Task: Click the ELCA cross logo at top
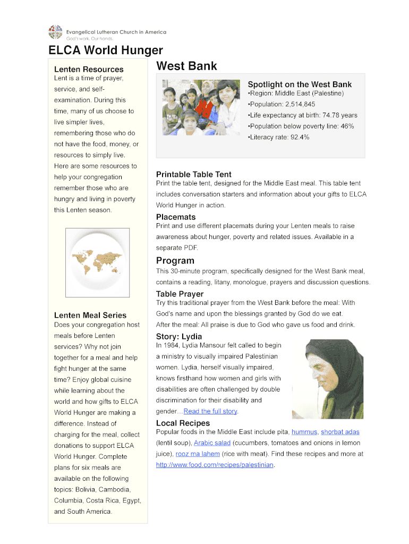[55, 32]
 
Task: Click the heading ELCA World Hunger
[106, 50]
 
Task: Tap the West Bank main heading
[186, 66]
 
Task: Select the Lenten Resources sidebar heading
[89, 69]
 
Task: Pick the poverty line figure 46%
[347, 126]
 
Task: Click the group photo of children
[201, 107]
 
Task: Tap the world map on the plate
[97, 262]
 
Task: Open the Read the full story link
[210, 411]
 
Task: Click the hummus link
[304, 432]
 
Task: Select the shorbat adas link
[340, 432]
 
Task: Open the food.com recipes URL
[215, 465]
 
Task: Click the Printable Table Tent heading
[194, 174]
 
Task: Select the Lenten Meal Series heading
[90, 315]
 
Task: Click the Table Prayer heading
[180, 294]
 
